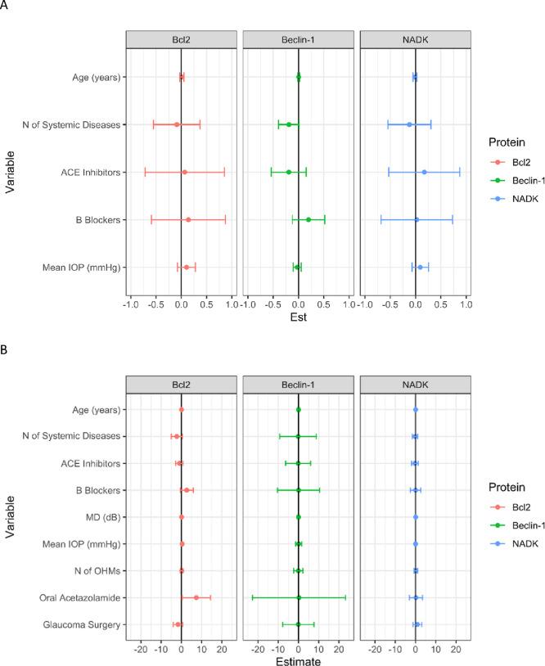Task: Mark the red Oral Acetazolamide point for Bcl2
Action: (x=196, y=598)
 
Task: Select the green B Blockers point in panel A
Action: (x=309, y=220)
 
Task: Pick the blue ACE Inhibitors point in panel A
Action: (x=424, y=173)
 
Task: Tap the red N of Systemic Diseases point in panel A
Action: (x=177, y=125)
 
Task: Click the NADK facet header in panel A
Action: (x=415, y=40)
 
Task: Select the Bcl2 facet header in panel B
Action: (x=181, y=385)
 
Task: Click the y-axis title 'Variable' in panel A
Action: (x=11, y=173)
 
